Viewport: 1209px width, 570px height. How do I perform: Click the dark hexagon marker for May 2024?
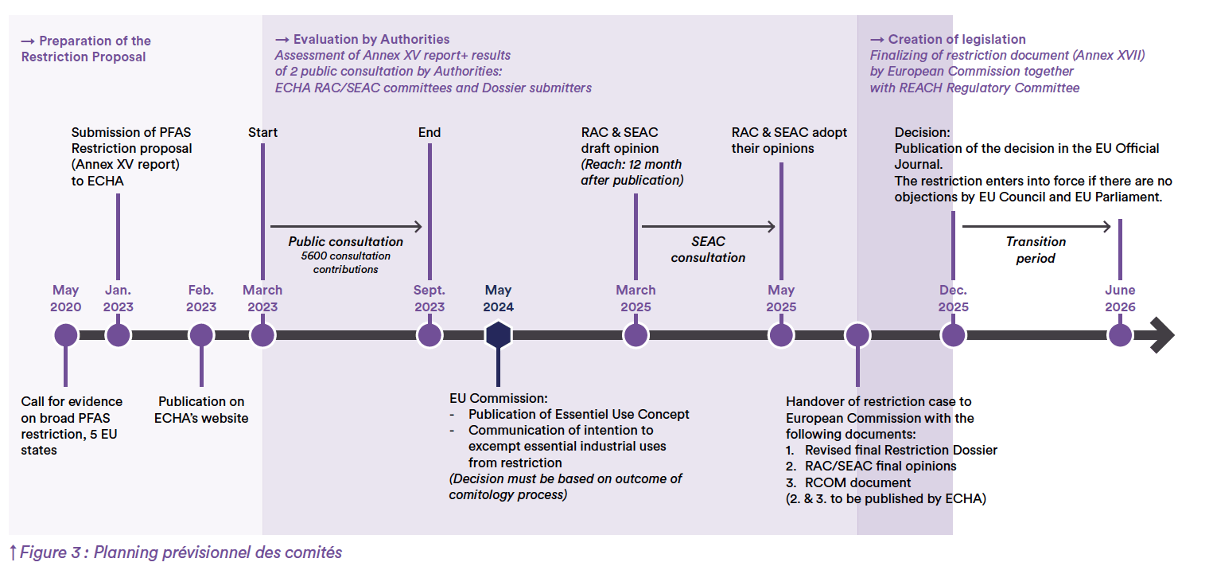point(498,335)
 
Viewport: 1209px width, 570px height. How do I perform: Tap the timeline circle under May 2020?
point(66,335)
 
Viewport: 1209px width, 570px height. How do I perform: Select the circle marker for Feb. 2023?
point(201,335)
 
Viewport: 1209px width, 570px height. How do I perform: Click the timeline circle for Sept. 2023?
point(430,335)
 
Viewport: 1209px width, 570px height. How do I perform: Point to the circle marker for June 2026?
point(1120,335)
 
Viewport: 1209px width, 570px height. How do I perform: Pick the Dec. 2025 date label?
point(953,299)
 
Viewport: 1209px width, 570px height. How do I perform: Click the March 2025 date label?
point(636,299)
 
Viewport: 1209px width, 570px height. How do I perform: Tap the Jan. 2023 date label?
point(119,299)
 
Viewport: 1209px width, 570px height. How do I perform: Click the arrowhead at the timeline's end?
point(1163,335)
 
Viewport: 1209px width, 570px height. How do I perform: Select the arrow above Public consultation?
point(346,226)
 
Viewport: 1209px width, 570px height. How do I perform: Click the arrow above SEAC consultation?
point(708,226)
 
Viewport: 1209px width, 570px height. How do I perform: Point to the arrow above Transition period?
point(1036,226)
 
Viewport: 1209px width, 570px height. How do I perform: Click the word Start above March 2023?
point(262,132)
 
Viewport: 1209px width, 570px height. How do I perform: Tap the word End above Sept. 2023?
point(430,132)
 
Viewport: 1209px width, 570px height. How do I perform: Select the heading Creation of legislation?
point(957,40)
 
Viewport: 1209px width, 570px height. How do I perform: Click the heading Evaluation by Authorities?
point(371,40)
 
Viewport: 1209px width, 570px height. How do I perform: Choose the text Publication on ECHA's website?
point(201,409)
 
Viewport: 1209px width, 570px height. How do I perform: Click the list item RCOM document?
point(857,482)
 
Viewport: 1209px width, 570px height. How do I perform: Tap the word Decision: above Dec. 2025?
point(923,132)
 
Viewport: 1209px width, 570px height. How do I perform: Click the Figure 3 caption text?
point(181,552)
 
